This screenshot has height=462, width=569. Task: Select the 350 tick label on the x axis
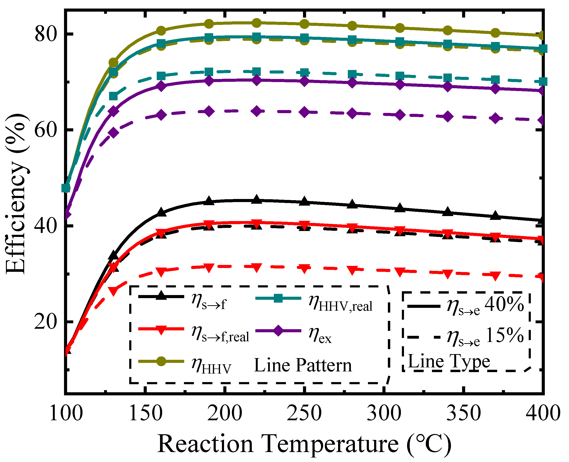[x=464, y=413]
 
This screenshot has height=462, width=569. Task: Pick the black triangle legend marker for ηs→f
[x=161, y=296]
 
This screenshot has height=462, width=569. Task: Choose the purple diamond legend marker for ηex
[x=278, y=331]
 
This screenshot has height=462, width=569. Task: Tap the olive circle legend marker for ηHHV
[x=161, y=361]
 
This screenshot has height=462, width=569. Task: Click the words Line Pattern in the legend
[x=303, y=365]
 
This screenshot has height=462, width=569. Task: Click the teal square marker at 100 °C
[x=66, y=188]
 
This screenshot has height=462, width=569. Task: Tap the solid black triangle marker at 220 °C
[x=257, y=199]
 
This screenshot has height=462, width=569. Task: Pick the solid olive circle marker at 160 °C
[x=161, y=31]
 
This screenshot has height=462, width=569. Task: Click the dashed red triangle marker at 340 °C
[x=448, y=274]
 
